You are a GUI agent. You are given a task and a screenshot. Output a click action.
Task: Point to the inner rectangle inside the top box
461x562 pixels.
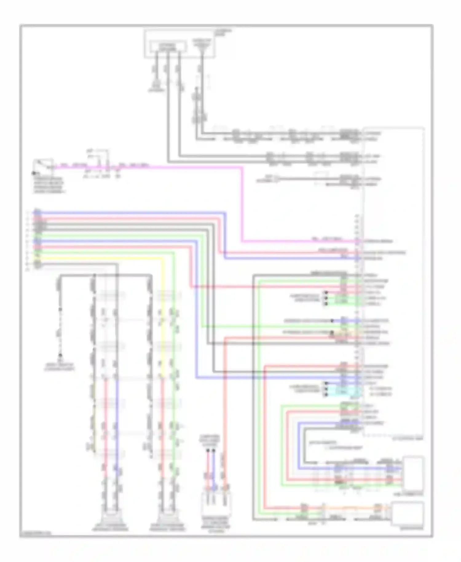tap(168, 47)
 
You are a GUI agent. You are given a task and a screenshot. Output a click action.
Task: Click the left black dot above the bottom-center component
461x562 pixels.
tap(208, 451)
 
